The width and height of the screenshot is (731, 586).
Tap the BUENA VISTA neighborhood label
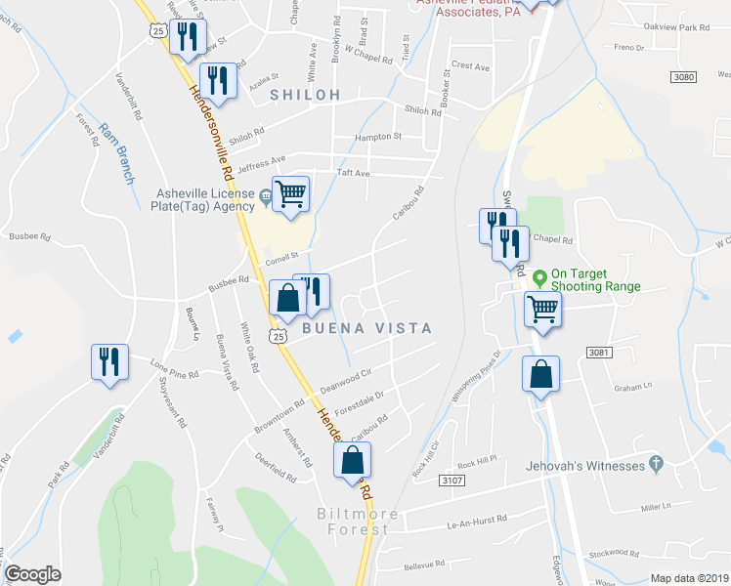(366, 329)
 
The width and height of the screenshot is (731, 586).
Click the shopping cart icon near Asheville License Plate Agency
(291, 194)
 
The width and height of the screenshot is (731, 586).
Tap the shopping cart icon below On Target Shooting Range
(543, 310)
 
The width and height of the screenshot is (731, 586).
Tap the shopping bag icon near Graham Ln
(541, 374)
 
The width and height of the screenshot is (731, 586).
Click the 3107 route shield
(451, 481)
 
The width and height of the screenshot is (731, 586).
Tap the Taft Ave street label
(353, 173)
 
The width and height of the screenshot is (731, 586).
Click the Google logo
(32, 574)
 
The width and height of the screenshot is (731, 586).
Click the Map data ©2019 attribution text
(689, 578)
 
